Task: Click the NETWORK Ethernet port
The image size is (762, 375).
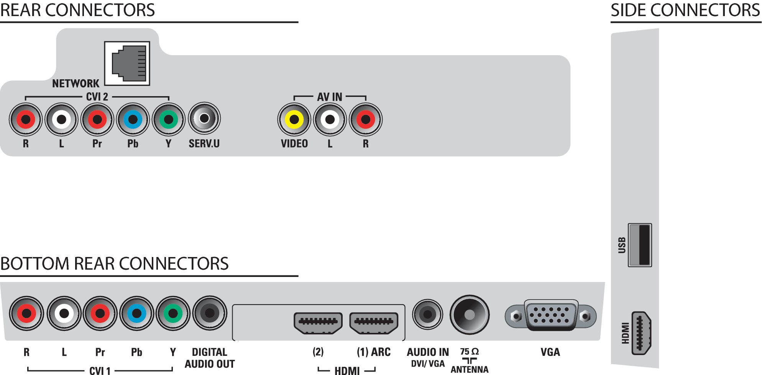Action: pos(127,63)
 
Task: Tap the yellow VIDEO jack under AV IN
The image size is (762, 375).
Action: pos(294,120)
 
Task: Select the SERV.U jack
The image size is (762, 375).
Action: pos(204,118)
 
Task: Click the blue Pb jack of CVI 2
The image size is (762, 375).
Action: pos(133,120)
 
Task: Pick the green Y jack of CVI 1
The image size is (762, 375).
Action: pos(173,313)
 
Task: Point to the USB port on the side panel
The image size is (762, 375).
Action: pos(640,245)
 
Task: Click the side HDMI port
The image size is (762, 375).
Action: pos(641,332)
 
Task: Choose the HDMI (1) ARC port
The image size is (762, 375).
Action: pos(374,323)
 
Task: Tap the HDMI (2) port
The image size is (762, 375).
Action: pos(318,323)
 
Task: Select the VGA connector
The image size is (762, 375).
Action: pos(550,315)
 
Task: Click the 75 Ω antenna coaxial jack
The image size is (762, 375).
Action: pos(470,315)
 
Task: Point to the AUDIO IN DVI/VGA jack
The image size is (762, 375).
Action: pos(427,314)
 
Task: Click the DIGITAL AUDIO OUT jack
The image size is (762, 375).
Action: pos(210,313)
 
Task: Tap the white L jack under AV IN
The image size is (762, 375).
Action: pos(330,120)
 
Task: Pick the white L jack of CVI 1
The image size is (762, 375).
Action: pos(64,313)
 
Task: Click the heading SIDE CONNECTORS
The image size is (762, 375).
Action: pos(685,10)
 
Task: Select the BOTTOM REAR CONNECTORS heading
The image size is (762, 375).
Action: pos(114,264)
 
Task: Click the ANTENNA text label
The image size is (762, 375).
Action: pos(470,370)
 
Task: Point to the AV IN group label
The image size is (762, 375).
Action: pos(330,97)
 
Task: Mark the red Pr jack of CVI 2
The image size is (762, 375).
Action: pos(97,120)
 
